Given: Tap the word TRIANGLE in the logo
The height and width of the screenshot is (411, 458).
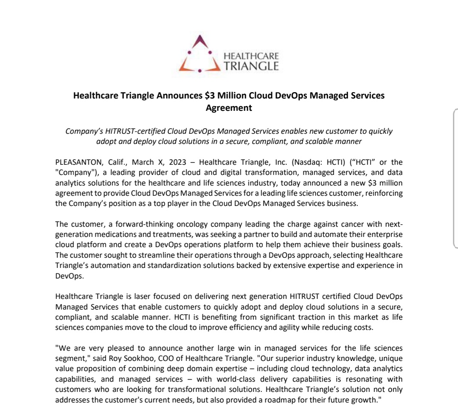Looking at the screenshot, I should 251,66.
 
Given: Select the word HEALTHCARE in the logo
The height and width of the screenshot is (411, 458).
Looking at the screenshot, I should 251,56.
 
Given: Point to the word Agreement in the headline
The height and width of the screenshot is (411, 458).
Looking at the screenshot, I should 229,108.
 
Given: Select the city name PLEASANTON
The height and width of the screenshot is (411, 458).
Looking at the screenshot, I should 76,162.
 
